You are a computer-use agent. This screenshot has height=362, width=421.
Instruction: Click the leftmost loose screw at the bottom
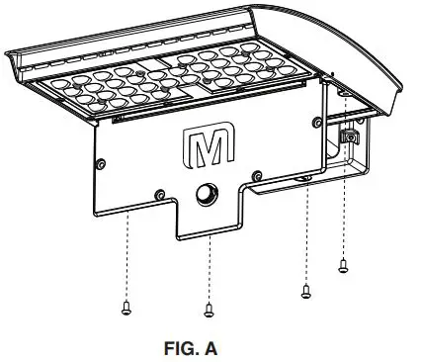(126, 308)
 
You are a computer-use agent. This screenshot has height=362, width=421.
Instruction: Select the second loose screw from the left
(209, 311)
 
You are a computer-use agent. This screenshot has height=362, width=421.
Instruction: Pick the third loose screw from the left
(305, 291)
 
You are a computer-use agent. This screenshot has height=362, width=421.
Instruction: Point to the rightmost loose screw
(343, 264)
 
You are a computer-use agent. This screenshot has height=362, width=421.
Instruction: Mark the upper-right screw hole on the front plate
(314, 121)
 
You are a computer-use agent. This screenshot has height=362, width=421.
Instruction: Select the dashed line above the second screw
(209, 267)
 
